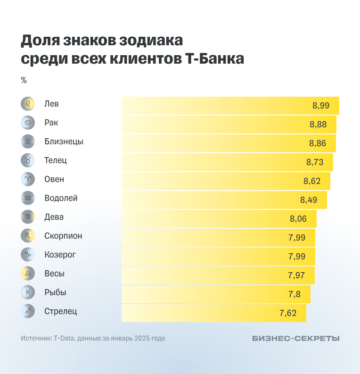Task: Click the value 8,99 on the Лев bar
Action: (320, 106)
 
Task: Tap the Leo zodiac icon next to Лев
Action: (28, 104)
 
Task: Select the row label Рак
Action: (51, 123)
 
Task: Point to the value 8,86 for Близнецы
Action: (318, 143)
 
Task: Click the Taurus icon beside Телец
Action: (28, 160)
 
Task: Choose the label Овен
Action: (54, 179)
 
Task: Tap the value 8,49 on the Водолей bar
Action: (309, 200)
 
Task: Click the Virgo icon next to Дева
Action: (28, 217)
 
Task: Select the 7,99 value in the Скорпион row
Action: (297, 238)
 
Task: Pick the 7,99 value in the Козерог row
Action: (297, 257)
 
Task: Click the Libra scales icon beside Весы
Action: (28, 274)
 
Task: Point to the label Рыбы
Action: (55, 292)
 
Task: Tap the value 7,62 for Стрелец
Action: (288, 313)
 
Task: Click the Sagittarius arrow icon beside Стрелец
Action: (28, 311)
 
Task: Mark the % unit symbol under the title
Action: (24, 80)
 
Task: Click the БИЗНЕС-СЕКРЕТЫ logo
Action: (295, 338)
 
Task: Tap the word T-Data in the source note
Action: (64, 338)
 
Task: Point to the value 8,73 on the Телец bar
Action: (315, 162)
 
